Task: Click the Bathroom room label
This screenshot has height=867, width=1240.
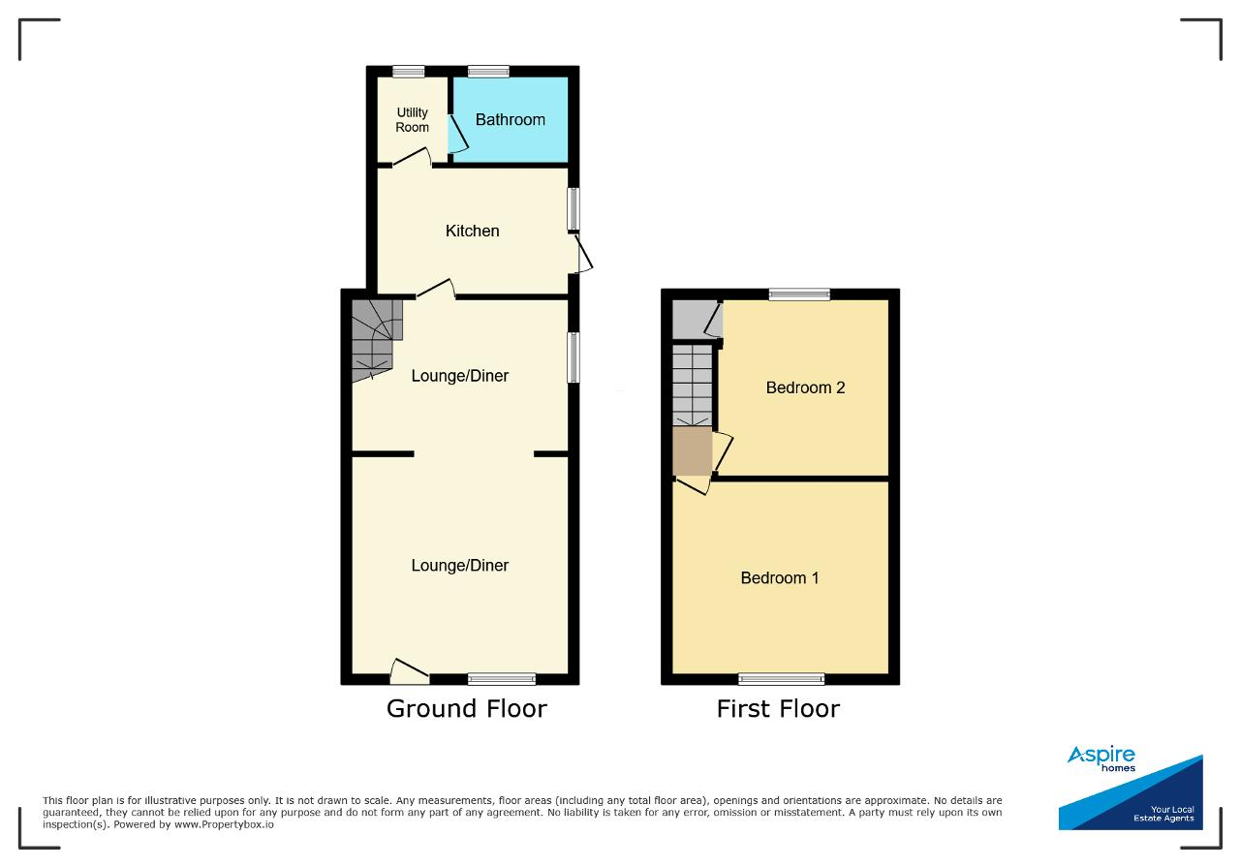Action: click(510, 119)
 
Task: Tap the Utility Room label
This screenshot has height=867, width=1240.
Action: click(412, 119)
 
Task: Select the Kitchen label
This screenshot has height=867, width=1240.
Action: click(472, 231)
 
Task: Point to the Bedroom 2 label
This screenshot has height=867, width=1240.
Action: click(805, 387)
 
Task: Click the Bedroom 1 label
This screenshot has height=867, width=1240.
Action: click(780, 578)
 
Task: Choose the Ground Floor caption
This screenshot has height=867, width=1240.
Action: click(467, 709)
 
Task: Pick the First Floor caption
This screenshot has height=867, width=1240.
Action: click(778, 709)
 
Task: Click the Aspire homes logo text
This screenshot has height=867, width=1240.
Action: click(1101, 759)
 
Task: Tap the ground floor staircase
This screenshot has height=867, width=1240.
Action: click(377, 340)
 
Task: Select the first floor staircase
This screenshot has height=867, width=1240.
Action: click(692, 386)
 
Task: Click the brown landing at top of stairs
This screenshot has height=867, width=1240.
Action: click(692, 450)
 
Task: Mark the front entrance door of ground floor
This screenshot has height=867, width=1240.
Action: click(410, 671)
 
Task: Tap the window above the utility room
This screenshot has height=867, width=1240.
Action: click(409, 72)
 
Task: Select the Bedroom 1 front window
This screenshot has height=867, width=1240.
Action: click(781, 679)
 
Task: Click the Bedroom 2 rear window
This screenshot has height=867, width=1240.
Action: click(799, 294)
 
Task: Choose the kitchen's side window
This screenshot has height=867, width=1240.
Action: click(574, 208)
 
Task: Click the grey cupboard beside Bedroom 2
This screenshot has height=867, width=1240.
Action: click(697, 319)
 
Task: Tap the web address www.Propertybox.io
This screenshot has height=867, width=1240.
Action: click(224, 824)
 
